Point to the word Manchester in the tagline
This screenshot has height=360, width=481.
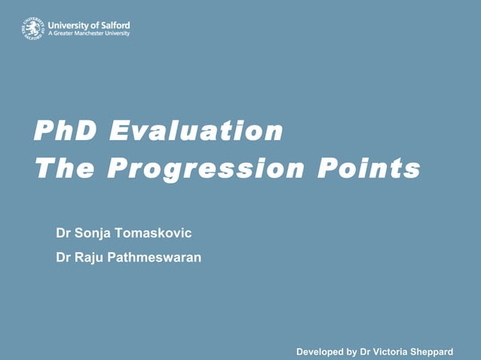[x=87, y=34]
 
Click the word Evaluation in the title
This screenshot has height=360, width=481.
[x=196, y=131]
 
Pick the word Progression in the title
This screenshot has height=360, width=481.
[x=206, y=168]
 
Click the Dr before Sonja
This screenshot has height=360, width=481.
[x=64, y=233]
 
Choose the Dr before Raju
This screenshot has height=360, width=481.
[x=64, y=258]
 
